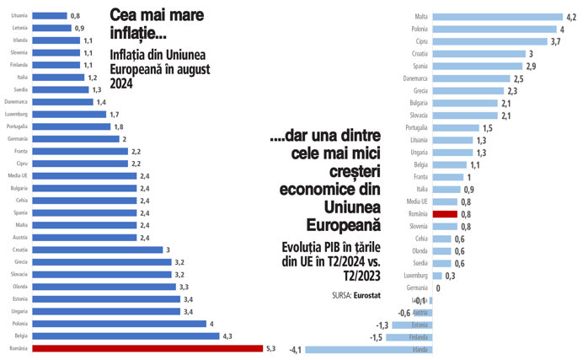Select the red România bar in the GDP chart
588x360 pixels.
coord(444,214)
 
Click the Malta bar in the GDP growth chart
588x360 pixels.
coord(491,16)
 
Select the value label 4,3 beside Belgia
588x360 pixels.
coord(227,336)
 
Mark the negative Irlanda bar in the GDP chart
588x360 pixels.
coord(368,349)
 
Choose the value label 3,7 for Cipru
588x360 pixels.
coord(555,40)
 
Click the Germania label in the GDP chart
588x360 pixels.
coord(417,287)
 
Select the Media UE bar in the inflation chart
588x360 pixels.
coord(85,175)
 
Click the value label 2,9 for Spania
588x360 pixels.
coord(531,65)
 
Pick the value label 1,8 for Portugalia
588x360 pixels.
coord(119,126)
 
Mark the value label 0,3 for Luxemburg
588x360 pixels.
coord(451,276)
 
